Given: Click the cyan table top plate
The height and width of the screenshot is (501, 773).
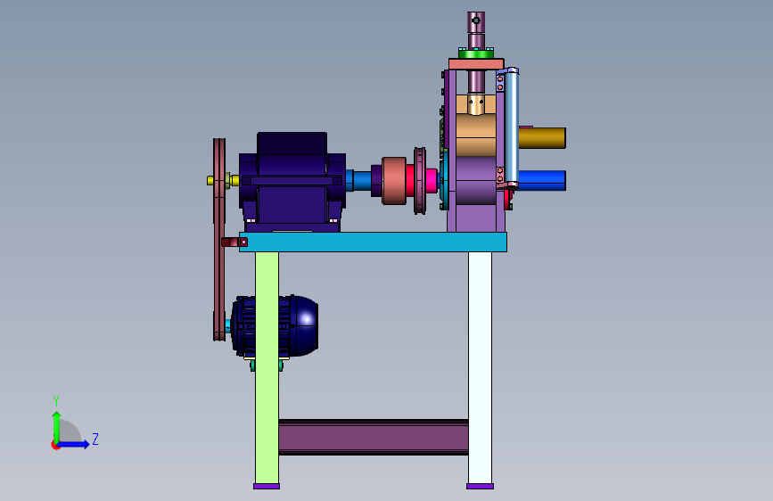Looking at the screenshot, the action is pos(373,242).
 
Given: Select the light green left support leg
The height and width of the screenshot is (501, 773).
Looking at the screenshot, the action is pos(267,368).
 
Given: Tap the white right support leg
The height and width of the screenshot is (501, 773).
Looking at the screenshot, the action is pos(480,368).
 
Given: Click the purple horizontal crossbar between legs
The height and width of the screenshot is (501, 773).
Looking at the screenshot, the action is pos(374,437).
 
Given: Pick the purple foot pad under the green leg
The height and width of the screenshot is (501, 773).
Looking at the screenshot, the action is pos(267,486).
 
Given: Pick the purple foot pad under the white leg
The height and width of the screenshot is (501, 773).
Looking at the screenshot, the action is pos(481,486).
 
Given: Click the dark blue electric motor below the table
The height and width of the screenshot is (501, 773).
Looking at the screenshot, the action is pos(274,326).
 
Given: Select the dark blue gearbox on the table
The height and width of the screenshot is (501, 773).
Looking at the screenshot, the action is pos(292,182).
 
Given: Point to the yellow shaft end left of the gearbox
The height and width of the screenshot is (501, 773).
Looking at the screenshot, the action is pos(211,180).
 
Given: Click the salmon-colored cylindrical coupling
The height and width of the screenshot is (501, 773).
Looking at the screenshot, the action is pos(394,180).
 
